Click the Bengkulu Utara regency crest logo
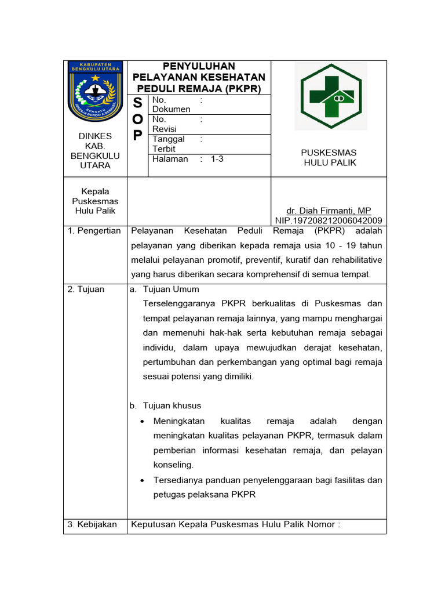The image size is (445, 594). tap(95, 90)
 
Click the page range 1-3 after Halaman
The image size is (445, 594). tap(217, 159)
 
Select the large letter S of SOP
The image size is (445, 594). tap(137, 103)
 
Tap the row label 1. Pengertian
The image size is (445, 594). tap(94, 231)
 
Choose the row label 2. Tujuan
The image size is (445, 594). tap(86, 289)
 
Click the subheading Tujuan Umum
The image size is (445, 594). tap(171, 289)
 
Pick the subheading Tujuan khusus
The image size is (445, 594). tap(172, 405)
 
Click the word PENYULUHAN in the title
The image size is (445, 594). tap(199, 66)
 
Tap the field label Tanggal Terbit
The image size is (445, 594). tap(168, 144)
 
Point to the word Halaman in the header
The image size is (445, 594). tap(170, 159)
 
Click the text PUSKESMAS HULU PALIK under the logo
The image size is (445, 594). tap(329, 158)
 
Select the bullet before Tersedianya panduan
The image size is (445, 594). tap(143, 480)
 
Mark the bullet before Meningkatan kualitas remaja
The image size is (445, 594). tap(143, 421)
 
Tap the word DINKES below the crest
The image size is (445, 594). tap(95, 136)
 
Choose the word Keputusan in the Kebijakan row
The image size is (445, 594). tap(153, 524)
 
